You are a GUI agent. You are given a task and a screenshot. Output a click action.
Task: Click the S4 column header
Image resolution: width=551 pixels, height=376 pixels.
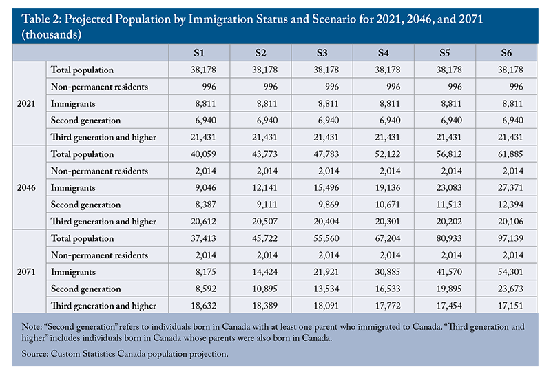384,53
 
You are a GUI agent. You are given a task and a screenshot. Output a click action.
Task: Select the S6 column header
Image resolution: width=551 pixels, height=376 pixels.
506,53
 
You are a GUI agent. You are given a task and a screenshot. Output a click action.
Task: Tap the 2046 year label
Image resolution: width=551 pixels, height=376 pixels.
26,187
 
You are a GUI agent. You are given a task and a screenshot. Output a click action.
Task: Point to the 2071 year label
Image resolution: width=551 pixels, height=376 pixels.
26,271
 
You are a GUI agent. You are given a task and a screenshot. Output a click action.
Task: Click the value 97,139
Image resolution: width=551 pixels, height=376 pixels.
510,238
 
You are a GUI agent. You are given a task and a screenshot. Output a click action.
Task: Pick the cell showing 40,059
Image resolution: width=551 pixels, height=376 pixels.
203,154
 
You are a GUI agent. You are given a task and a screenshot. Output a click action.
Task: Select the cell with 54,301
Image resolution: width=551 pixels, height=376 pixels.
510,272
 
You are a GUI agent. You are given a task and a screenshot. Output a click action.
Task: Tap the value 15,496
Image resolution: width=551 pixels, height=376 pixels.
326,187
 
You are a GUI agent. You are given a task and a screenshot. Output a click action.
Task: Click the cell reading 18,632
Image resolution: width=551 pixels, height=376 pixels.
203,306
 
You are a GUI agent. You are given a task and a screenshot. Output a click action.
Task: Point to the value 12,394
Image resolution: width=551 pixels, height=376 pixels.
510,205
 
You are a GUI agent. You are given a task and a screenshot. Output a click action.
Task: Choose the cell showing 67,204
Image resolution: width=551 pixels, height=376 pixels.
388,238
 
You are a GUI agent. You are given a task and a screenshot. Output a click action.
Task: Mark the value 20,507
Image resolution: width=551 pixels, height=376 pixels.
264,221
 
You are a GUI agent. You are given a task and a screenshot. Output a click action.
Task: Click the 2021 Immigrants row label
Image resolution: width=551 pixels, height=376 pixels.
73,104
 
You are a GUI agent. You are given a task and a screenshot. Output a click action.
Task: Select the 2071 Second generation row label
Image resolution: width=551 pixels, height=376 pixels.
85,289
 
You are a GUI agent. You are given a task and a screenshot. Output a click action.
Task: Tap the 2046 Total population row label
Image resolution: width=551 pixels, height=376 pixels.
82,154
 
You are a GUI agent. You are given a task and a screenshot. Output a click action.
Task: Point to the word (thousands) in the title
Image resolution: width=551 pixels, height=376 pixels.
51,34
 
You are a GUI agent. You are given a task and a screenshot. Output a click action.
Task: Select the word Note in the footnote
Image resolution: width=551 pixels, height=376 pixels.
32,327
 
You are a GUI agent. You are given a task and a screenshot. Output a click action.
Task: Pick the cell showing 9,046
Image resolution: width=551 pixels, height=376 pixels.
206,187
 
